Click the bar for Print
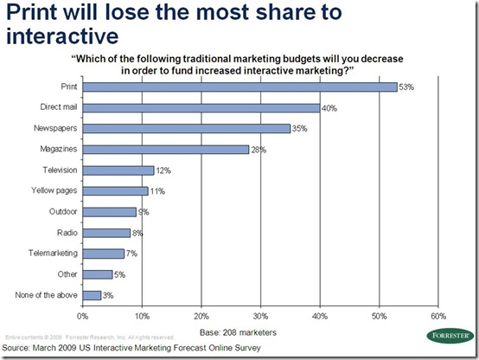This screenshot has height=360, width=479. pyautogui.click(x=239, y=87)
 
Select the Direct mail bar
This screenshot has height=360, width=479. pyautogui.click(x=201, y=107)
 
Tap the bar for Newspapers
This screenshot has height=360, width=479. pyautogui.click(x=187, y=128)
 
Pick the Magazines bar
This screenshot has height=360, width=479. pyautogui.click(x=166, y=150)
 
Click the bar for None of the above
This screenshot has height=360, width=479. pyautogui.click(x=92, y=297)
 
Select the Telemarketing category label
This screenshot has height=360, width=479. pyautogui.click(x=54, y=254)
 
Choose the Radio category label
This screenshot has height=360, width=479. pyautogui.click(x=66, y=234)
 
